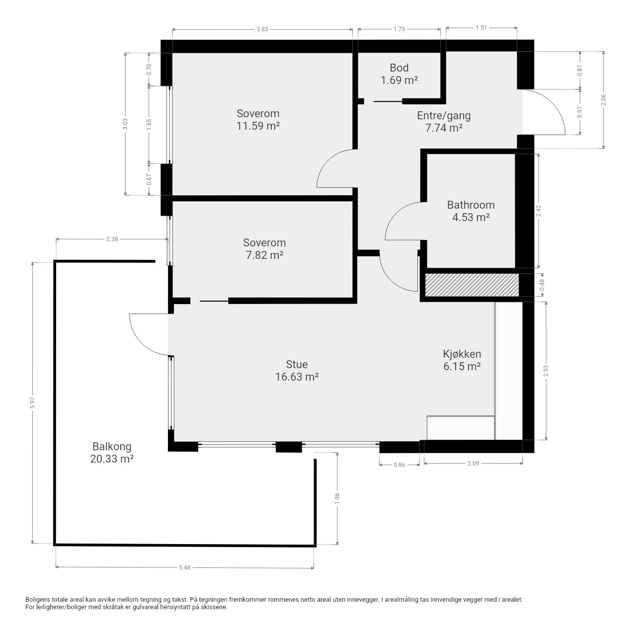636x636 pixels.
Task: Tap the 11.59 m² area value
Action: tap(258, 126)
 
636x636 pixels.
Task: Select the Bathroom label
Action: tap(471, 205)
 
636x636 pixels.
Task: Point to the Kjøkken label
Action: tap(462, 354)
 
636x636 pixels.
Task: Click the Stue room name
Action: tap(297, 364)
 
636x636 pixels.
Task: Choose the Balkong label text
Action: tap(112, 446)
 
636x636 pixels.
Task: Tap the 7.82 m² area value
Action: tap(265, 255)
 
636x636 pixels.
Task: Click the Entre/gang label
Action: tap(444, 115)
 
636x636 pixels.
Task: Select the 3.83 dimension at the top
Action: tap(262, 29)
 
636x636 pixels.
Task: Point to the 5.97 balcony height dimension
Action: tap(32, 402)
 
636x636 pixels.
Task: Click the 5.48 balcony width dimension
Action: tap(185, 567)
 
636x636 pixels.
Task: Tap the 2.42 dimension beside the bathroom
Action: tap(538, 211)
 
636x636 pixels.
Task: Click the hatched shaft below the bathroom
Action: tap(472, 285)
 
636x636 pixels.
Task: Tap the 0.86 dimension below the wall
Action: tap(399, 465)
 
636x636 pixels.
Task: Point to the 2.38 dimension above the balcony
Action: tap(112, 239)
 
